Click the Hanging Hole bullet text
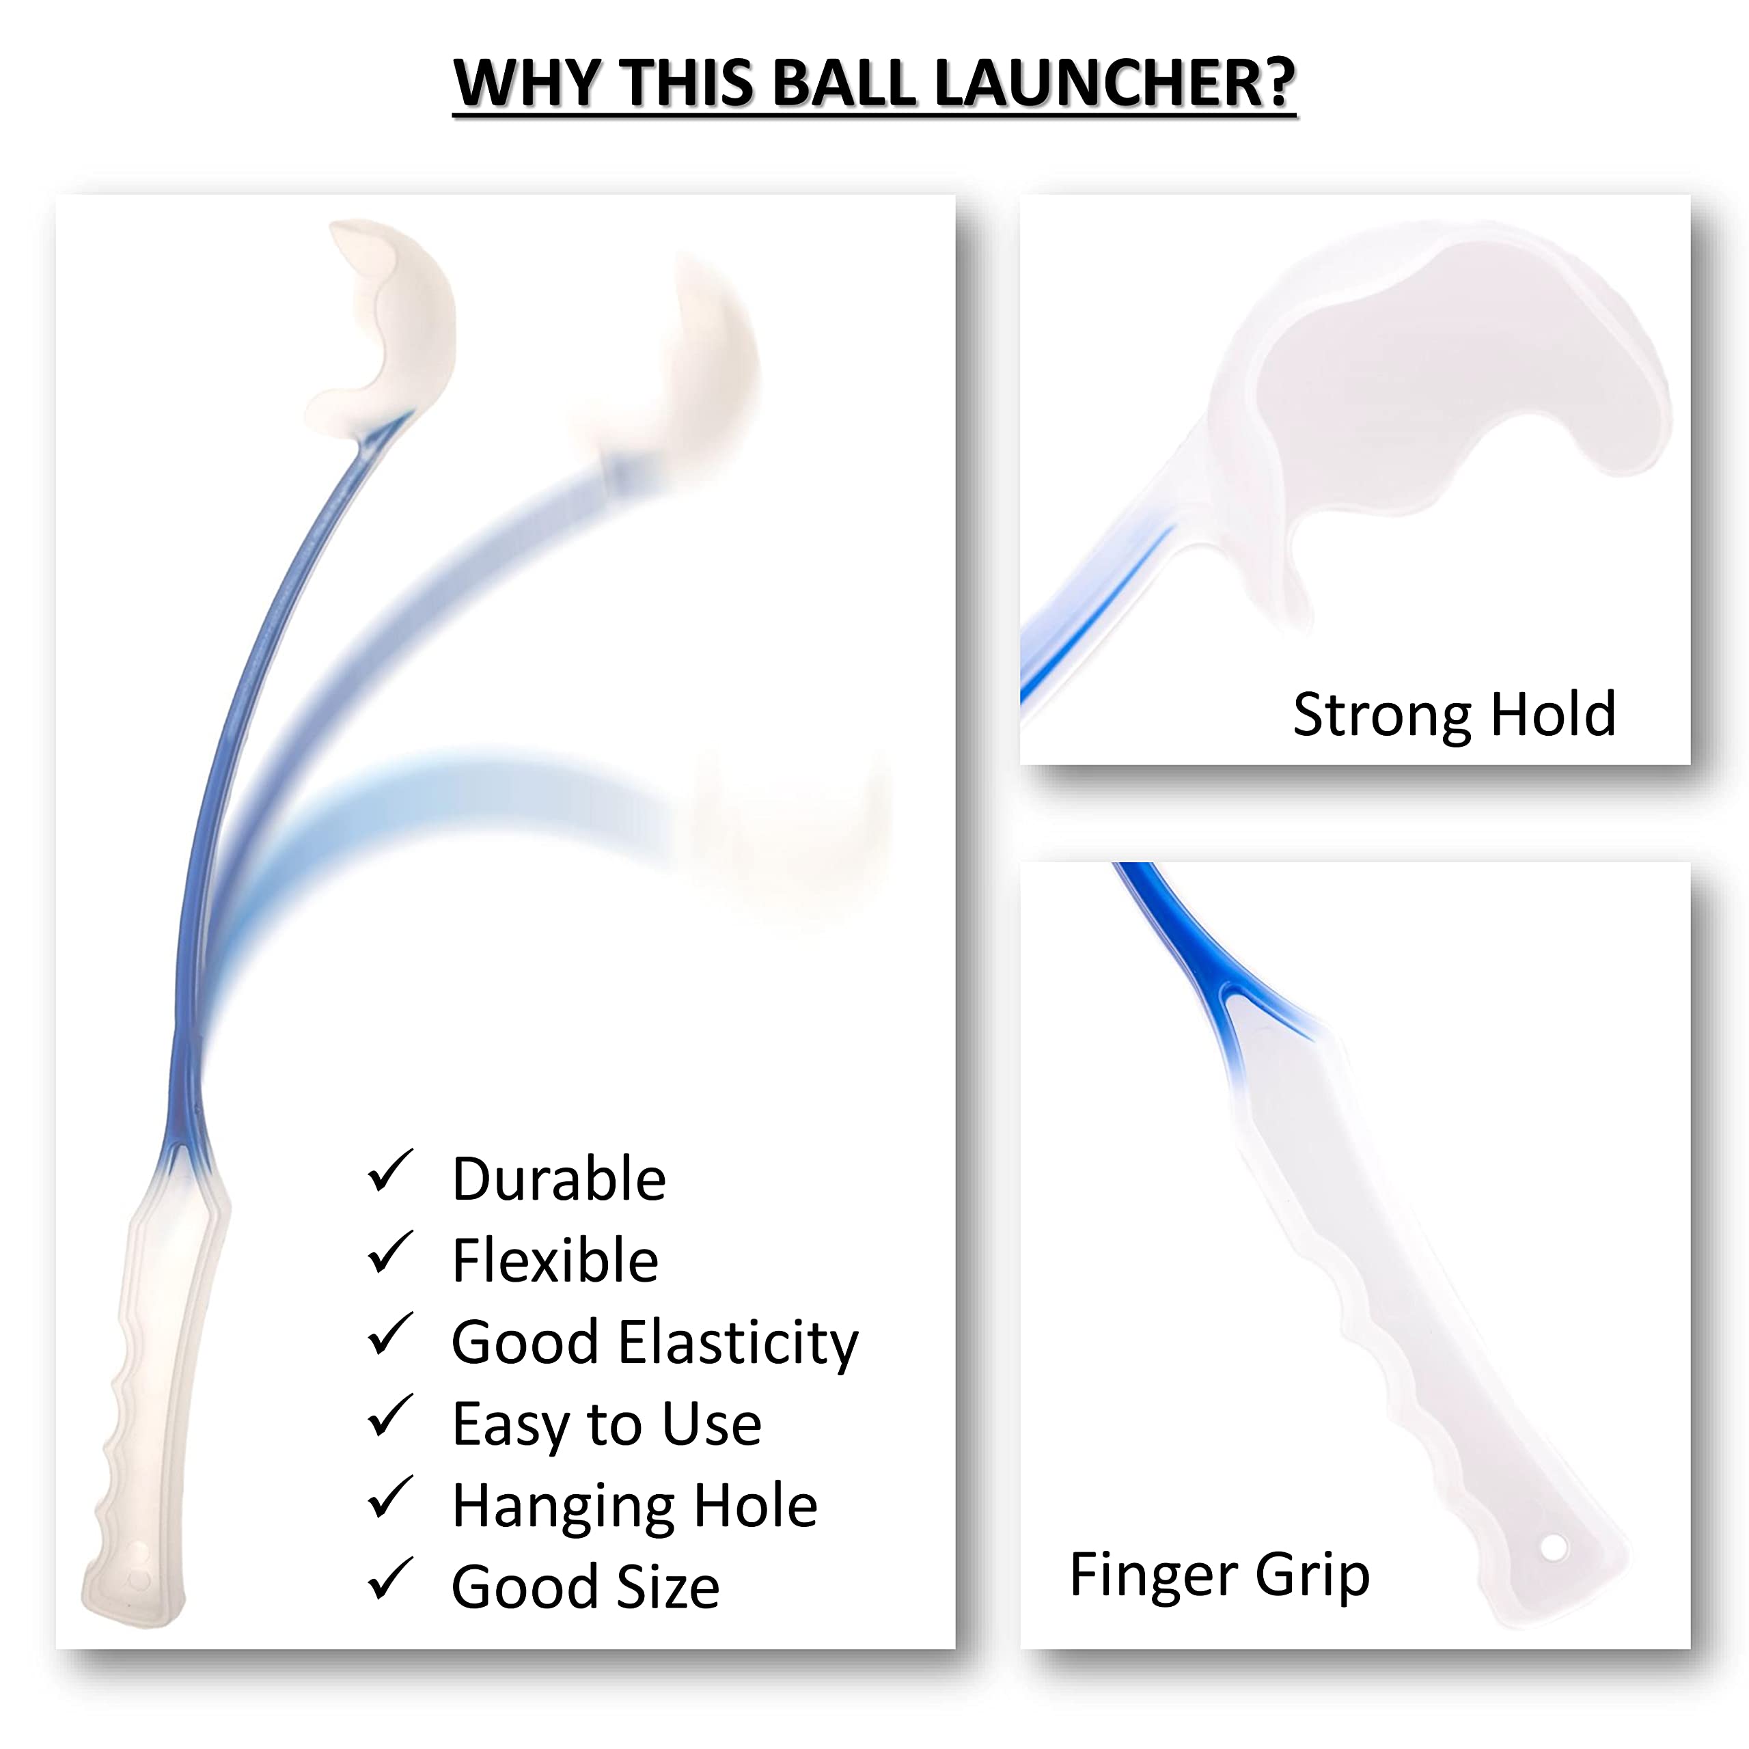(635, 1507)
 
